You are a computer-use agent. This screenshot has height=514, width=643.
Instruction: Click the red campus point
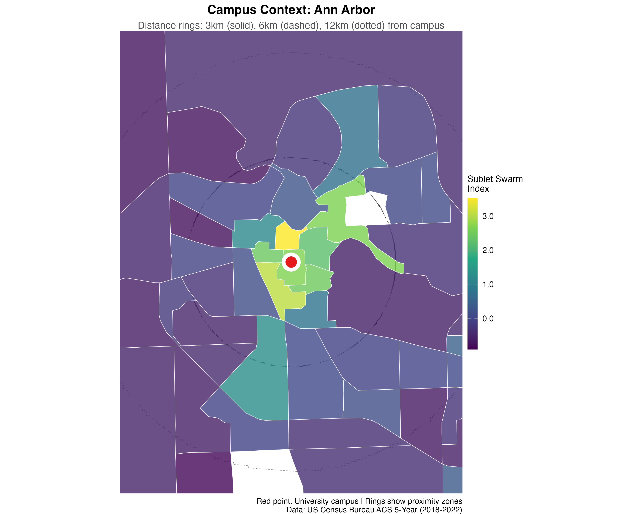tap(291, 262)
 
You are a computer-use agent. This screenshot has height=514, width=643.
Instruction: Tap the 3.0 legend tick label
tap(488, 216)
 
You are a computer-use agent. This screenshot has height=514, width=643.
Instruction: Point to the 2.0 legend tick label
tap(488, 250)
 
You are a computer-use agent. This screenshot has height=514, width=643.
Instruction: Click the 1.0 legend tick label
tap(488, 284)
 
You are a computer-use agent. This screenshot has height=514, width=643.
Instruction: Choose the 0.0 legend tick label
tap(488, 318)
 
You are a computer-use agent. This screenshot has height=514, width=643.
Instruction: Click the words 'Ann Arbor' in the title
tap(344, 10)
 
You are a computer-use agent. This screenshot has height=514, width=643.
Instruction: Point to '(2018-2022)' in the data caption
tap(441, 510)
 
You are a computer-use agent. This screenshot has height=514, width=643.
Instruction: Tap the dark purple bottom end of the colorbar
tap(472, 347)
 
